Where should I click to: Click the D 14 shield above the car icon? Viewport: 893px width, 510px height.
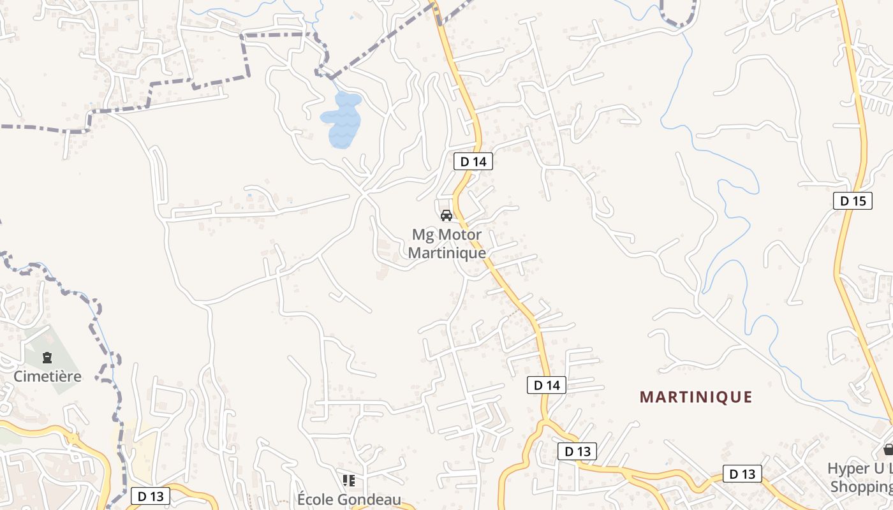click(x=473, y=162)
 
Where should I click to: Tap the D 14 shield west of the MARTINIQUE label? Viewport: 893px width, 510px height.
click(x=547, y=385)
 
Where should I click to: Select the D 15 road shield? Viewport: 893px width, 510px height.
click(x=853, y=201)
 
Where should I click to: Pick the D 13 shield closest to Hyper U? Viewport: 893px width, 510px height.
click(x=742, y=474)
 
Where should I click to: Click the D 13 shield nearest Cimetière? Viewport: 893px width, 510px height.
click(x=151, y=497)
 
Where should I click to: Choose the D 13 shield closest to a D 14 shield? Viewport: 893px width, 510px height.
click(x=577, y=451)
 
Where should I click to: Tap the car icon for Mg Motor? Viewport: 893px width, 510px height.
click(x=447, y=215)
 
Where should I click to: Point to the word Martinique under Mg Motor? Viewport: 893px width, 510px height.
click(x=447, y=252)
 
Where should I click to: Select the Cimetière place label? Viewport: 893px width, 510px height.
click(x=48, y=376)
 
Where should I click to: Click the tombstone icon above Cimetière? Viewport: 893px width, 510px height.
click(x=47, y=358)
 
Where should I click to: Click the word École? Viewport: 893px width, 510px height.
click(x=316, y=499)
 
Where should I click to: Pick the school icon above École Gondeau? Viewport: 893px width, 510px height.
click(x=348, y=480)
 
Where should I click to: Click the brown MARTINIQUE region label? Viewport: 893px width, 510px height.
click(x=696, y=397)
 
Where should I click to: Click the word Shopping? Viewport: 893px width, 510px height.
click(x=861, y=486)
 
